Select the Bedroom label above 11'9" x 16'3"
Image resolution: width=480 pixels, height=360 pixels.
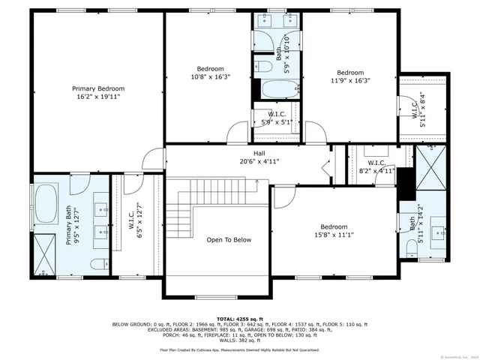[349, 73]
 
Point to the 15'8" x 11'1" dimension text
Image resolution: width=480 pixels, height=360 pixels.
[334, 235]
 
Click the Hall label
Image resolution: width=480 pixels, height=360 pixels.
[248, 153]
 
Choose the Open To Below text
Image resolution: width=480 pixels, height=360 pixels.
[229, 240]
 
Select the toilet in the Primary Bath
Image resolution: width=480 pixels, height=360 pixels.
[98, 264]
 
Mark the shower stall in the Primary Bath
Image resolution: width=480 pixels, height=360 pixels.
[44, 253]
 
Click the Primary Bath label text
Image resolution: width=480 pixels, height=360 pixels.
[69, 227]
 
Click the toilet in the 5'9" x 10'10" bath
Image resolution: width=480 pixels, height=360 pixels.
[263, 67]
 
